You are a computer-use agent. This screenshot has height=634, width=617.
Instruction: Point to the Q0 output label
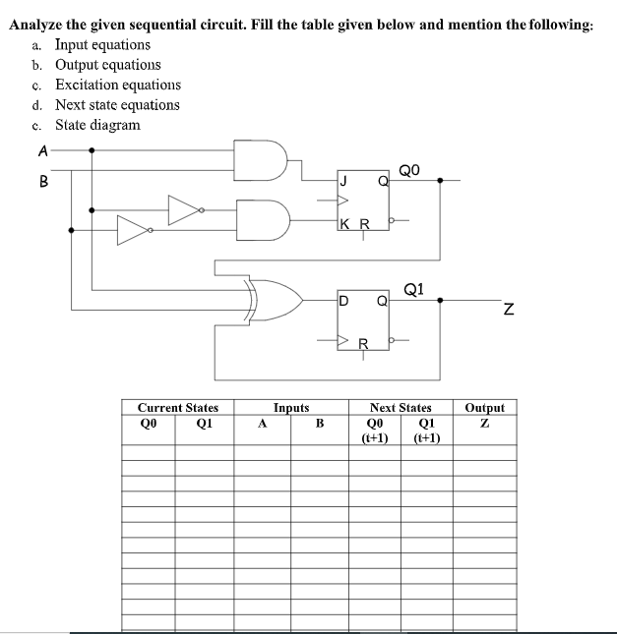tap(410, 170)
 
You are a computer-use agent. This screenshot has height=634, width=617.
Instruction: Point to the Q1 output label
tap(414, 289)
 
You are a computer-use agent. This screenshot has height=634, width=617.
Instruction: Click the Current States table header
tap(178, 407)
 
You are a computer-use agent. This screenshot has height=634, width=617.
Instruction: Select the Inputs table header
tap(291, 407)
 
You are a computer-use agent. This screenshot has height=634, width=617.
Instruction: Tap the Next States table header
tap(401, 407)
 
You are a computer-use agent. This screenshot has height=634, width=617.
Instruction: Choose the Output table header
tap(484, 407)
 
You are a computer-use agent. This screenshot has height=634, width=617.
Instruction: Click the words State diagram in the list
tap(97, 125)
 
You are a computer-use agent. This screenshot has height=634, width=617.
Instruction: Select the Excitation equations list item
tap(117, 85)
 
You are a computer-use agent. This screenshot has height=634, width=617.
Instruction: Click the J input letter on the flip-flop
tap(342, 180)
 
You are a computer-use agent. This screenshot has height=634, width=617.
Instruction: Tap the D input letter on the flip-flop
tap(342, 299)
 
